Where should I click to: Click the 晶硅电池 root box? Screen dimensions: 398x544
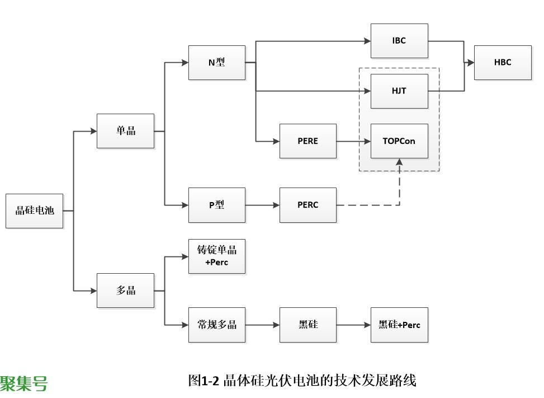tap(34, 211)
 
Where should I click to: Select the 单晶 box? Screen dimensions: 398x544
tap(125, 131)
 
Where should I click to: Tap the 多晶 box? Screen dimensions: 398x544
tap(125, 291)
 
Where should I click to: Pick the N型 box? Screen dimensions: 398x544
tap(216, 63)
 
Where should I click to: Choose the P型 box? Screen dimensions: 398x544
tap(216, 205)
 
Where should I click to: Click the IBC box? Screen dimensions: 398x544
tap(399, 41)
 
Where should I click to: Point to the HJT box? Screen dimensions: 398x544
tap(399, 91)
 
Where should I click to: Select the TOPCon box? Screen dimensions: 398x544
tap(399, 141)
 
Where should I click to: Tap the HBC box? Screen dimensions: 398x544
tap(503, 63)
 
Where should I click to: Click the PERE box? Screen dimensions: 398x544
tap(308, 141)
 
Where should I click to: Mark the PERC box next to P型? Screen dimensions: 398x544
tap(308, 205)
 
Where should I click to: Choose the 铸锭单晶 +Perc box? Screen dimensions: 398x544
tap(216, 256)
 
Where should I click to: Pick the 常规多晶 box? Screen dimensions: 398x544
tap(216, 325)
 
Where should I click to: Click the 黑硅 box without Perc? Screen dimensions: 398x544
tap(308, 325)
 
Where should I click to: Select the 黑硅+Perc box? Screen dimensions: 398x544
tap(399, 325)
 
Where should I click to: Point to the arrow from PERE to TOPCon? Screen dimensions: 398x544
tap(354, 141)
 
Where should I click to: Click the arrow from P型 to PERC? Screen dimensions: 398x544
tap(263, 205)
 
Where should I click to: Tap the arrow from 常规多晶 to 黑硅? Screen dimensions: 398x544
tap(263, 325)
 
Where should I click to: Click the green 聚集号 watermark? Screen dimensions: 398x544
tap(23, 383)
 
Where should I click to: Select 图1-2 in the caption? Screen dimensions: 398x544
tap(203, 381)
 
